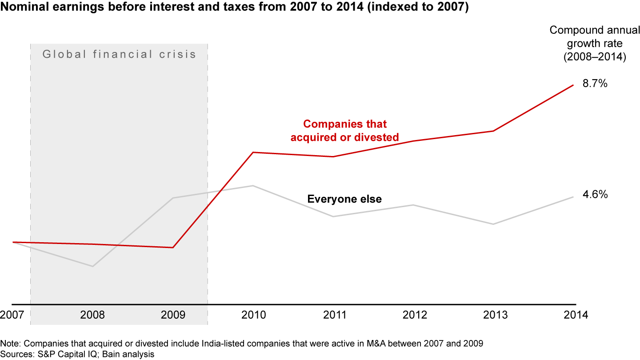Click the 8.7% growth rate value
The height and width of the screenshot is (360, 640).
pyautogui.click(x=595, y=84)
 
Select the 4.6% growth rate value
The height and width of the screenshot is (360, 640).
pyautogui.click(x=595, y=194)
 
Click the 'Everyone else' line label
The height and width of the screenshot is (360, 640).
pyautogui.click(x=344, y=199)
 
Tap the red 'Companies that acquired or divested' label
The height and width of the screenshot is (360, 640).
pyautogui.click(x=344, y=131)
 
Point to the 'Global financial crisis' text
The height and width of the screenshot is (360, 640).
pyautogui.click(x=119, y=55)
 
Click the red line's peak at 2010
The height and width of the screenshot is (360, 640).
pyautogui.click(x=253, y=152)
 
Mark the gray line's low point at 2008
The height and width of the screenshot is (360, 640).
pyautogui.click(x=92, y=266)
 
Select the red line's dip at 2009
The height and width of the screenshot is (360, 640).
pyautogui.click(x=173, y=248)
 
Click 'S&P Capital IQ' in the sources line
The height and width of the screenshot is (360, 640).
pyautogui.click(x=57, y=354)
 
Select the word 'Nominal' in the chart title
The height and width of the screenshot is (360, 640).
pyautogui.click(x=22, y=8)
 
